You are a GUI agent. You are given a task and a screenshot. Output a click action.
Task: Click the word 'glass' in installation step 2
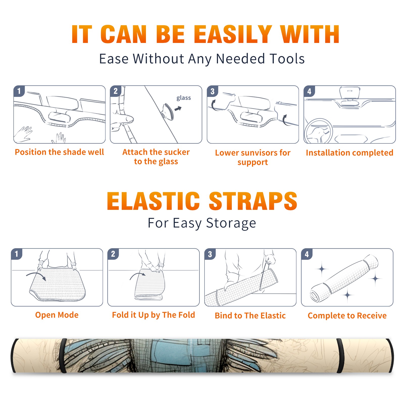(184, 98)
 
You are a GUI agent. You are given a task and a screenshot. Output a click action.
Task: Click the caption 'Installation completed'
(349, 153)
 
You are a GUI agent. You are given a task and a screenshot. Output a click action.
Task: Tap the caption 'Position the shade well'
(59, 152)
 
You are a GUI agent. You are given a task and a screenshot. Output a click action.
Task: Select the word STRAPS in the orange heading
(253, 201)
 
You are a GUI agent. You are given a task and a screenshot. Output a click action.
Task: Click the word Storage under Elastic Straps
(231, 223)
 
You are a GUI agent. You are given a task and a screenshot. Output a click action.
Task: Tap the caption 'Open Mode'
(57, 315)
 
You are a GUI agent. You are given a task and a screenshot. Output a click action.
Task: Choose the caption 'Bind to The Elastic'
(250, 315)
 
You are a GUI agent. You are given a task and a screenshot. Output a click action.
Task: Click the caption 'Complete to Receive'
(347, 315)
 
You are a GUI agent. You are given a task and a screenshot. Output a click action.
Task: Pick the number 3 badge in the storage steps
(210, 254)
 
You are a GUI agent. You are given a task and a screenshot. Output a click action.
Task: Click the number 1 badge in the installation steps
(19, 91)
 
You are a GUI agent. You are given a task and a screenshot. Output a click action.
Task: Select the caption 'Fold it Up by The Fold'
(154, 315)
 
